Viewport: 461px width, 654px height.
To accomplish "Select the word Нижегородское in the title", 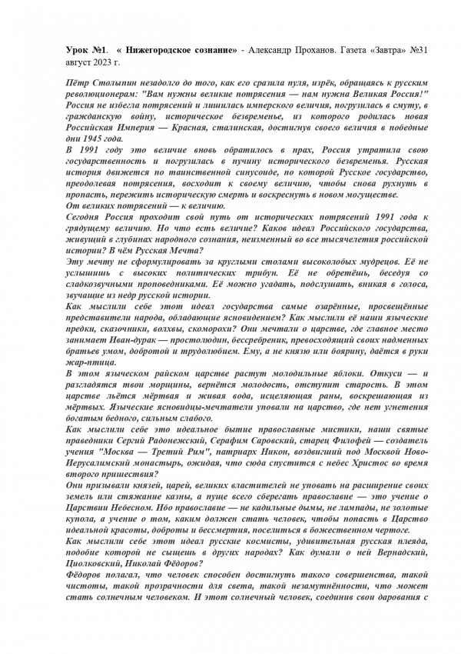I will coord(164,50).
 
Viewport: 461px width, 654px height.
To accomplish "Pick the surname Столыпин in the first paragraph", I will coord(102,81).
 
